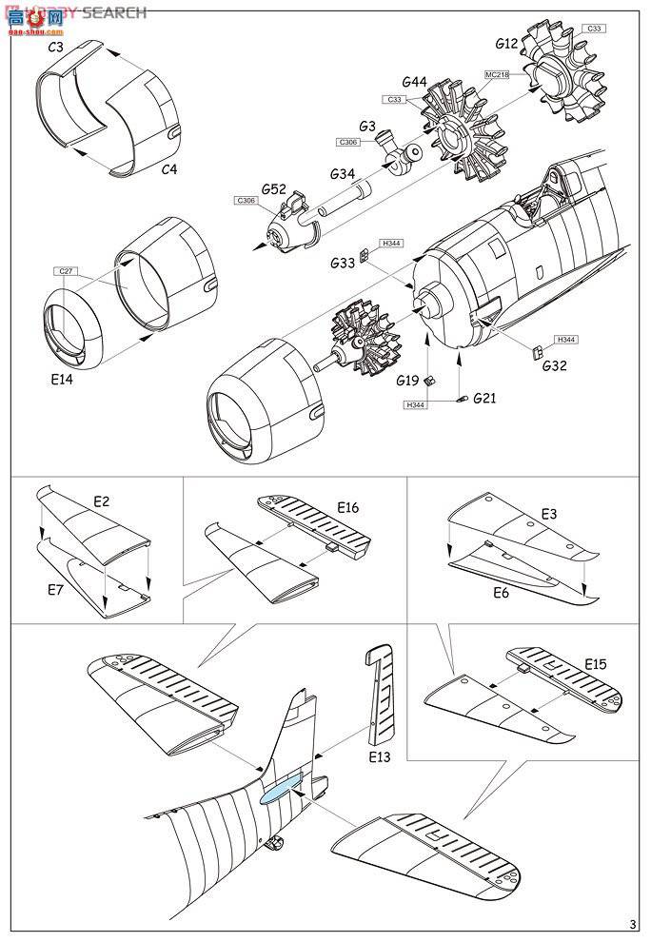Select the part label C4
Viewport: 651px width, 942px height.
168,169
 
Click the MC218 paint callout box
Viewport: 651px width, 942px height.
498,74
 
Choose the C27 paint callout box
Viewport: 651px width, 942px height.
66,271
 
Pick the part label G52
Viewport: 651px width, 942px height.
273,189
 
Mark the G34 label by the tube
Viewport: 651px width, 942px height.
344,174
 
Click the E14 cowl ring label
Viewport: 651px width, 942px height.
60,378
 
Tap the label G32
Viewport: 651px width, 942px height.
556,364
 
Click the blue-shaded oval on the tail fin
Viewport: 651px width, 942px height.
282,789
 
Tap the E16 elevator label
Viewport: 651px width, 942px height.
346,508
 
